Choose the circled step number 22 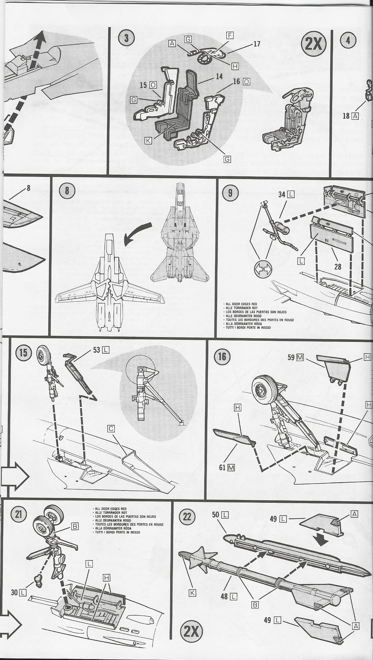click(187, 516)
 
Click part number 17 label click(256, 44)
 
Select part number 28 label click(338, 266)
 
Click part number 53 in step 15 click(96, 350)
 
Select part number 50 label click(216, 514)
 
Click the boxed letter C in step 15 click(111, 429)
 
